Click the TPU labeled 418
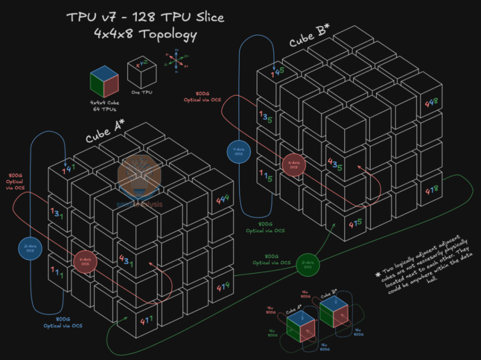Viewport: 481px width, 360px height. tap(431, 191)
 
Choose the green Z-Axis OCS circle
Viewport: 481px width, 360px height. tap(308, 266)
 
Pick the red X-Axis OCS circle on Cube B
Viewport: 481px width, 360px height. tap(293, 165)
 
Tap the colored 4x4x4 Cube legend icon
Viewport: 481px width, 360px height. tap(104, 81)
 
